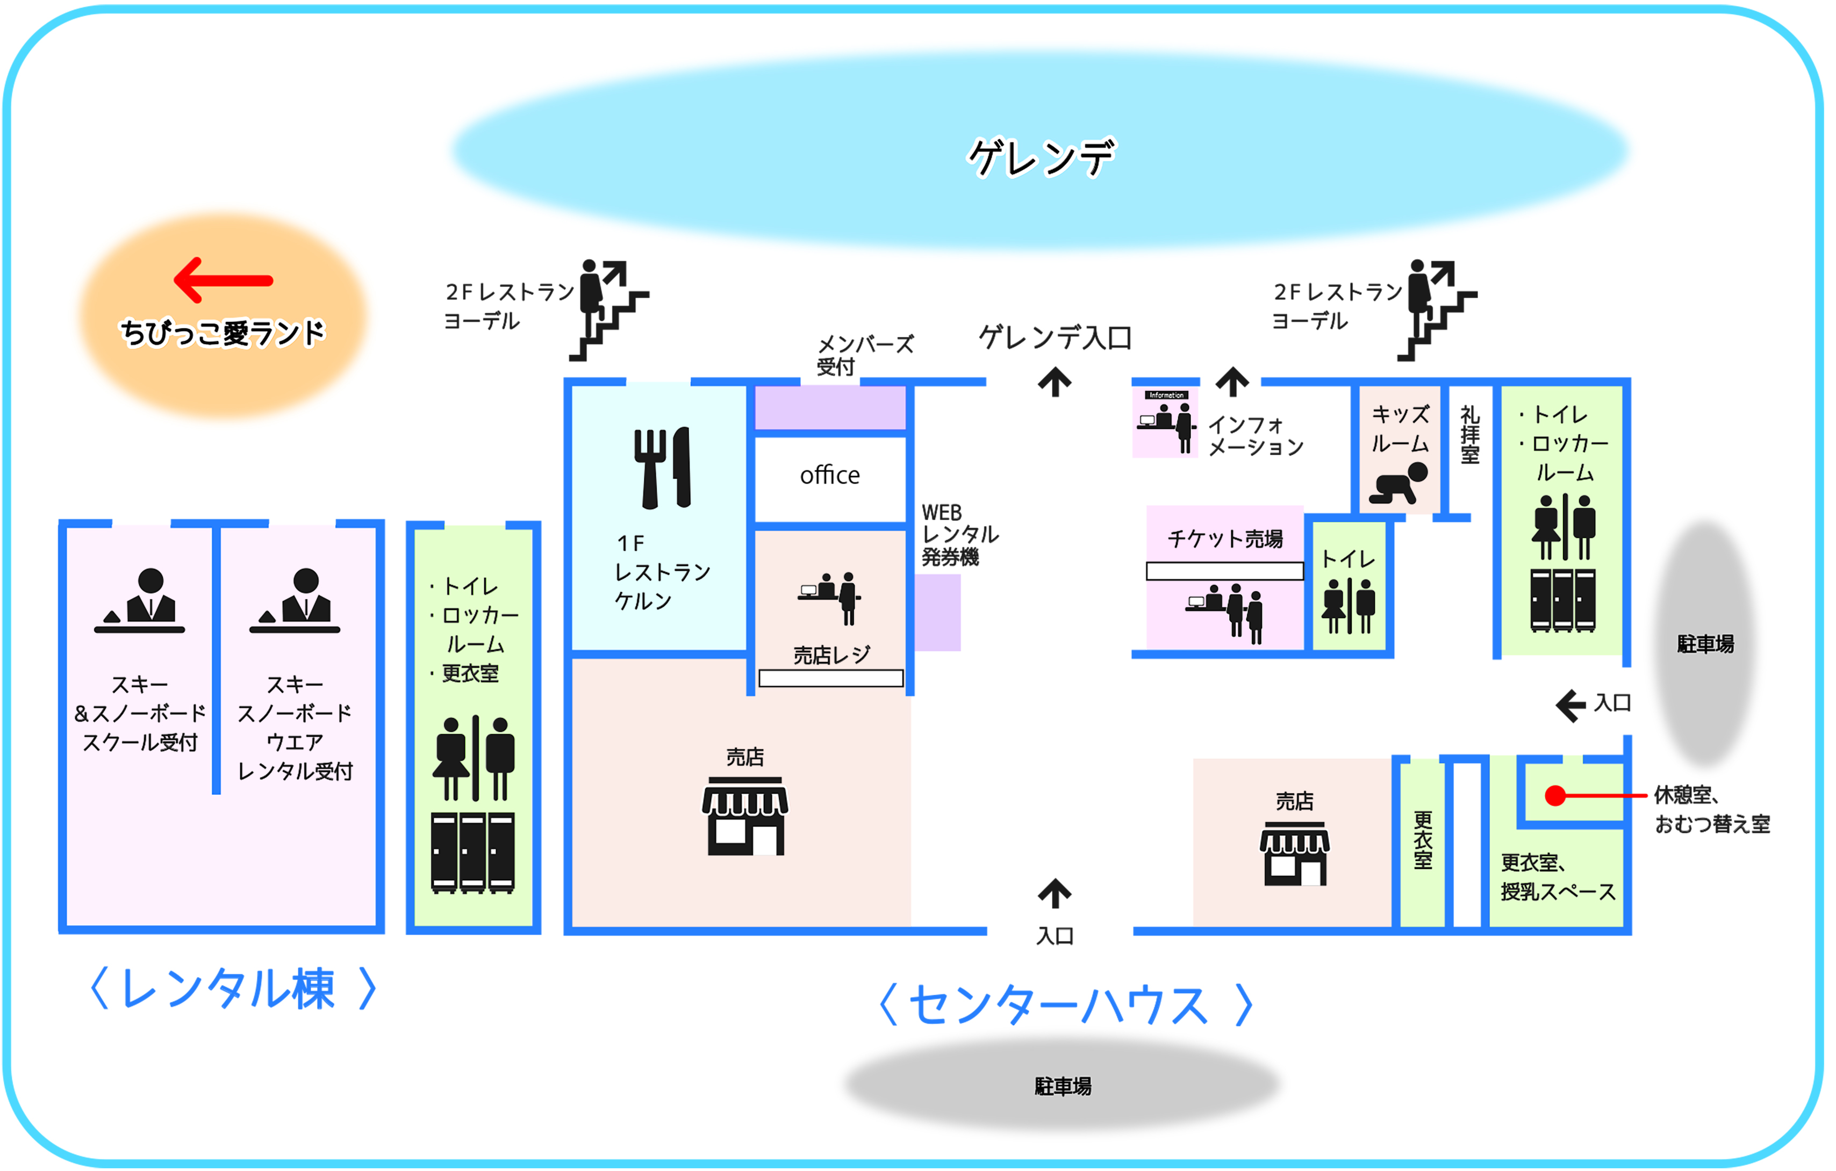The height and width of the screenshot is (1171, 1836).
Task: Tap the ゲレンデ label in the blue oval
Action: (x=1041, y=157)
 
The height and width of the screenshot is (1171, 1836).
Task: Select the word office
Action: (x=829, y=475)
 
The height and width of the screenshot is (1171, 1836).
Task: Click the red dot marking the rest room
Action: (x=1555, y=796)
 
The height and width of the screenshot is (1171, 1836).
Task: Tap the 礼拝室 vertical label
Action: (x=1470, y=435)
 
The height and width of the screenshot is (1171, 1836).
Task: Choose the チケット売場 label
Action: (x=1225, y=539)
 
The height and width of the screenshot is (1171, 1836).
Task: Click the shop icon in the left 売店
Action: (x=745, y=816)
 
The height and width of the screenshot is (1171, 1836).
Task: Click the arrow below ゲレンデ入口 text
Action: (x=1055, y=382)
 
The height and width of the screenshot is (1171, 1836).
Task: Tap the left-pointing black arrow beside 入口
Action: (x=1570, y=705)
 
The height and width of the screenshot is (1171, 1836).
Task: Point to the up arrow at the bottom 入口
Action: (x=1055, y=894)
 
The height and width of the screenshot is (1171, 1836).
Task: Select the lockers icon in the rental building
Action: (x=473, y=852)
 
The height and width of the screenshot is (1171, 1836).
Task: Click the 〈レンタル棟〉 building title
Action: (x=233, y=989)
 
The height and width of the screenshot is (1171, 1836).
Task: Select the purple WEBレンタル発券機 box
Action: (x=938, y=612)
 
